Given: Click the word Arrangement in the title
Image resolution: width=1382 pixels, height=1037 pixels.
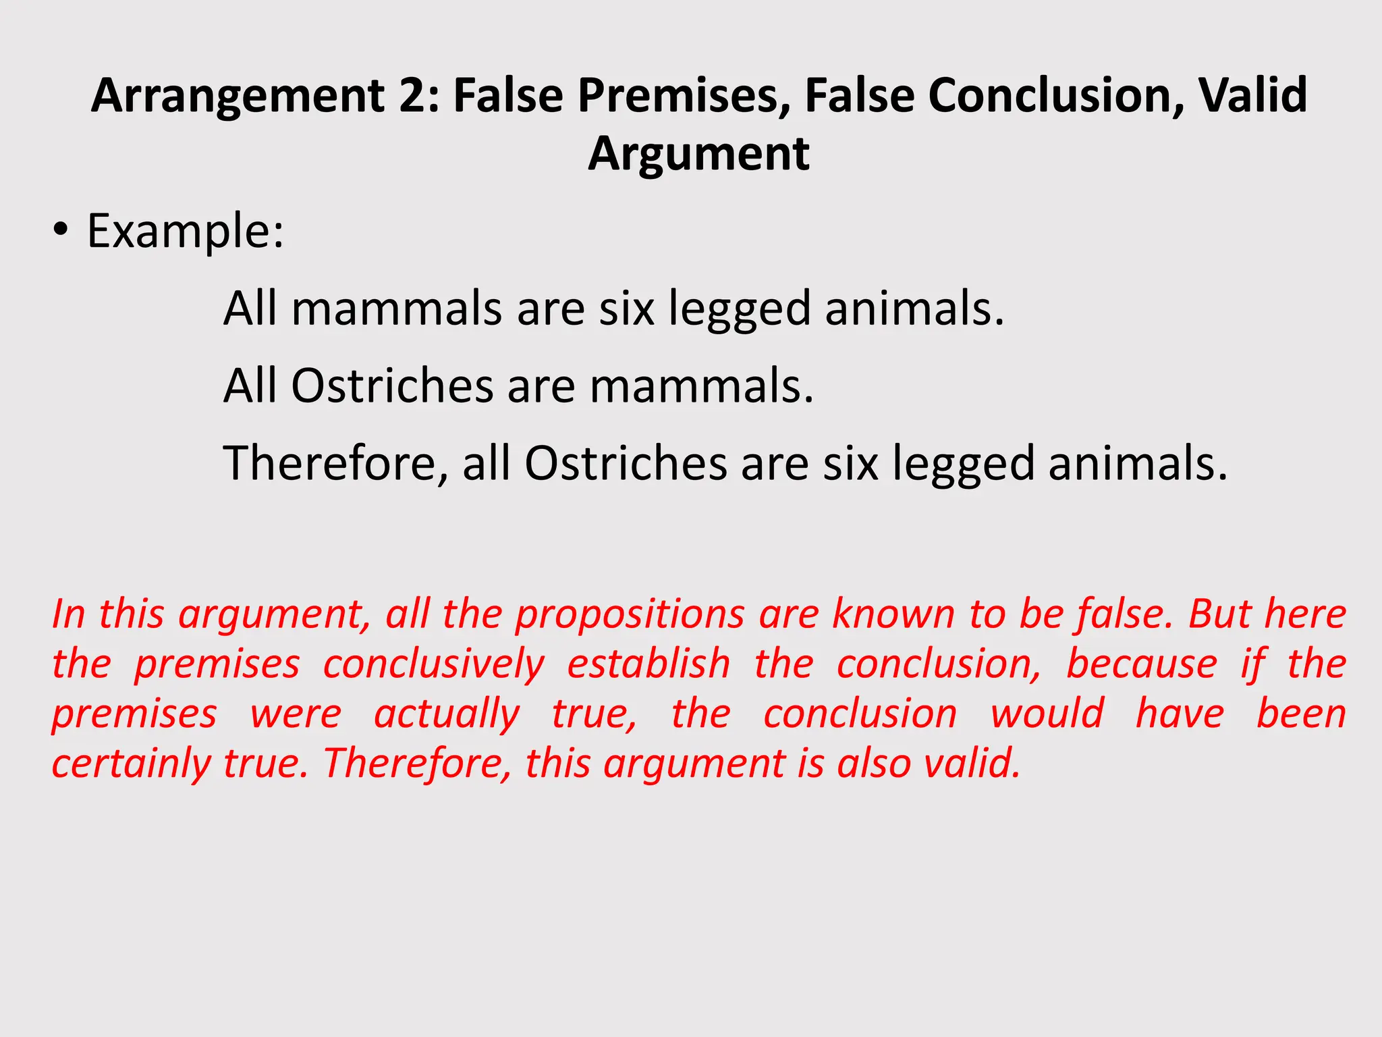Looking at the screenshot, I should click(x=238, y=96).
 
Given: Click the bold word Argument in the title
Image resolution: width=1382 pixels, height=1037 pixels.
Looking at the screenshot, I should click(x=698, y=155).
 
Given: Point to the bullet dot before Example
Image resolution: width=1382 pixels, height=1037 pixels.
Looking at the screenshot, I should click(x=61, y=232).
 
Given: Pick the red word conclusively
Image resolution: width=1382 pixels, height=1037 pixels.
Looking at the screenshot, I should click(x=433, y=664).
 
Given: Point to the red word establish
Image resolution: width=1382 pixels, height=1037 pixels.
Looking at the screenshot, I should click(x=648, y=664).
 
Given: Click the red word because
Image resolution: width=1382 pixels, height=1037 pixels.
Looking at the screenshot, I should click(x=1142, y=664).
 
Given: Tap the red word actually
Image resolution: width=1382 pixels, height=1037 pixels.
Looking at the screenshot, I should click(x=447, y=714).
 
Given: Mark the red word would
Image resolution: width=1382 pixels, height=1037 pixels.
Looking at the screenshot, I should click(x=1047, y=714).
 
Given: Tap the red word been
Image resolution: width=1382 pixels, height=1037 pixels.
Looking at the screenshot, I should click(x=1301, y=714).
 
